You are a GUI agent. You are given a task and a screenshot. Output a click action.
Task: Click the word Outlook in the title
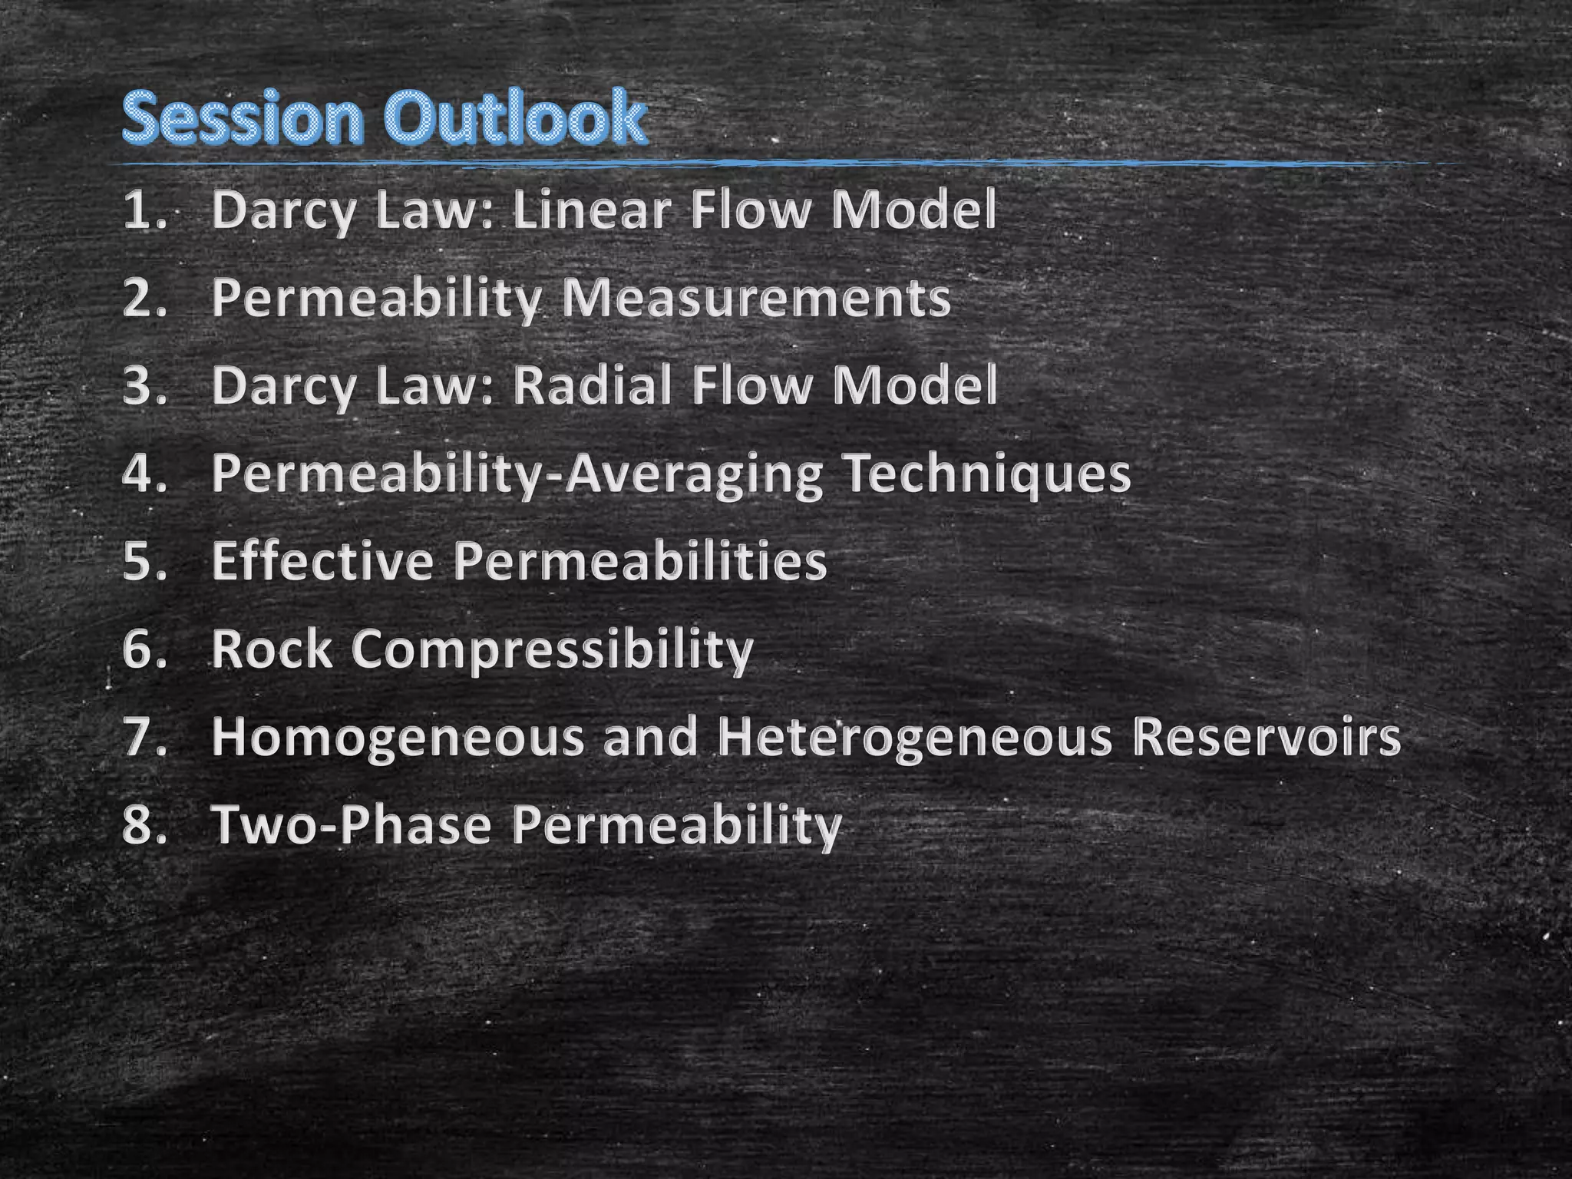pos(514,119)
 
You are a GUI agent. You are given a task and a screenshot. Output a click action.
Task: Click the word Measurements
pos(756,298)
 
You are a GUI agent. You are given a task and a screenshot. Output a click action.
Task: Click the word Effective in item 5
pos(322,560)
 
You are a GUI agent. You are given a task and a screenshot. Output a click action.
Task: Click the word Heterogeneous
pos(913,737)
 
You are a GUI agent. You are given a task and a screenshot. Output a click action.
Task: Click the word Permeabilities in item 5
pos(639,560)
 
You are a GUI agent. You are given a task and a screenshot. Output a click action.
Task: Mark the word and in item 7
pos(649,737)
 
